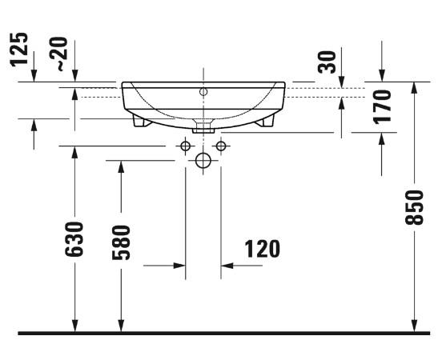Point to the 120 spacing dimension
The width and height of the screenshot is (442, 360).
[x=263, y=249]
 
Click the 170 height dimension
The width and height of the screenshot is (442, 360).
[x=382, y=106]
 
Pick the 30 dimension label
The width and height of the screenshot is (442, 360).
[x=326, y=62]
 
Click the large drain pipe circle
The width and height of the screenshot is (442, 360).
[x=203, y=161]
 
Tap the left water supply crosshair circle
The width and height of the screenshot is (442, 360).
[x=185, y=146]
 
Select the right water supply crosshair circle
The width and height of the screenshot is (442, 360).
[x=222, y=146]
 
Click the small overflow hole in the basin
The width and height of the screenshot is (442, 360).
[x=203, y=92]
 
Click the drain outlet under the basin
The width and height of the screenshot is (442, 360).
[x=203, y=126]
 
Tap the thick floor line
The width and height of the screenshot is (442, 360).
[x=221, y=332]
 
